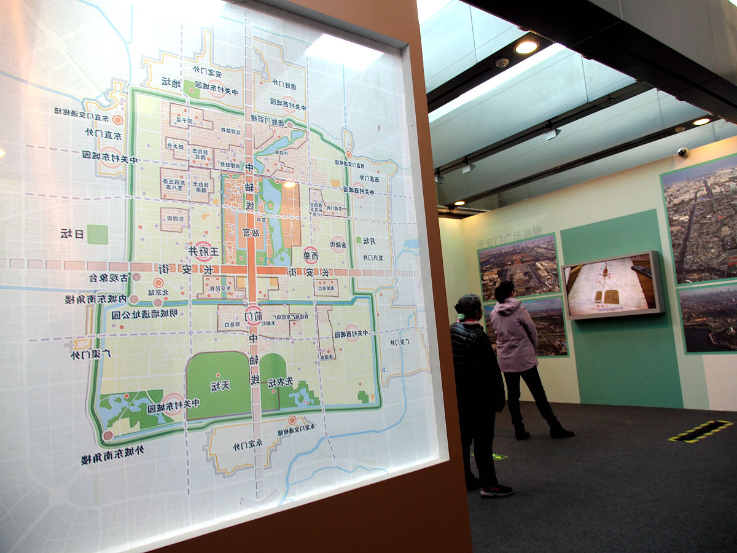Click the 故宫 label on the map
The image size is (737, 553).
[x=251, y=233]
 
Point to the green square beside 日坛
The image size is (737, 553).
[x=97, y=234]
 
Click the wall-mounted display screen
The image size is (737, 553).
[x=612, y=285]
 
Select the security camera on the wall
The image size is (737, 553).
[x=683, y=151]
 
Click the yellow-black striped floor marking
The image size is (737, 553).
[x=700, y=431]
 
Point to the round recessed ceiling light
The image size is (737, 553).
[x=526, y=47]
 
